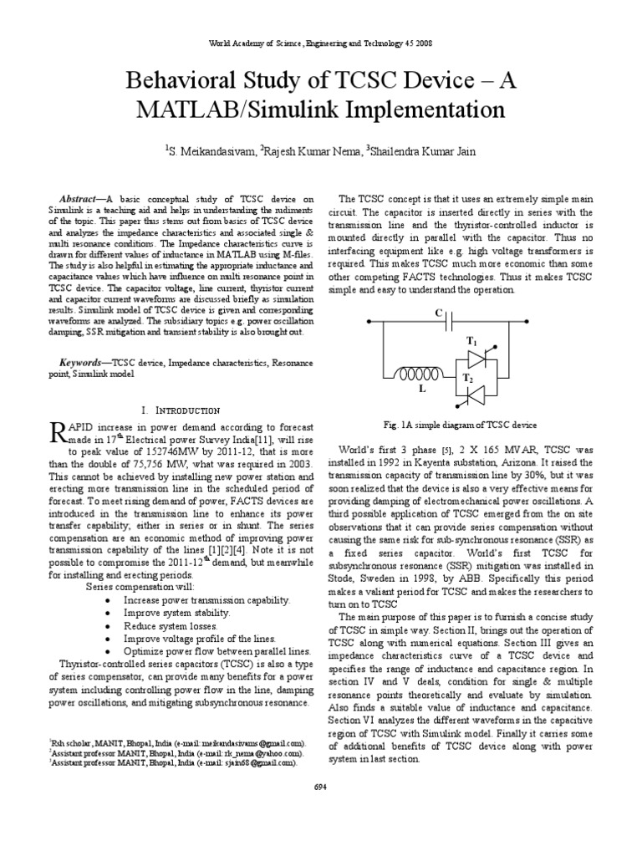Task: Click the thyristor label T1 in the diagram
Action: (x=471, y=343)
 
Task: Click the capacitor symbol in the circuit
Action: (x=451, y=321)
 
